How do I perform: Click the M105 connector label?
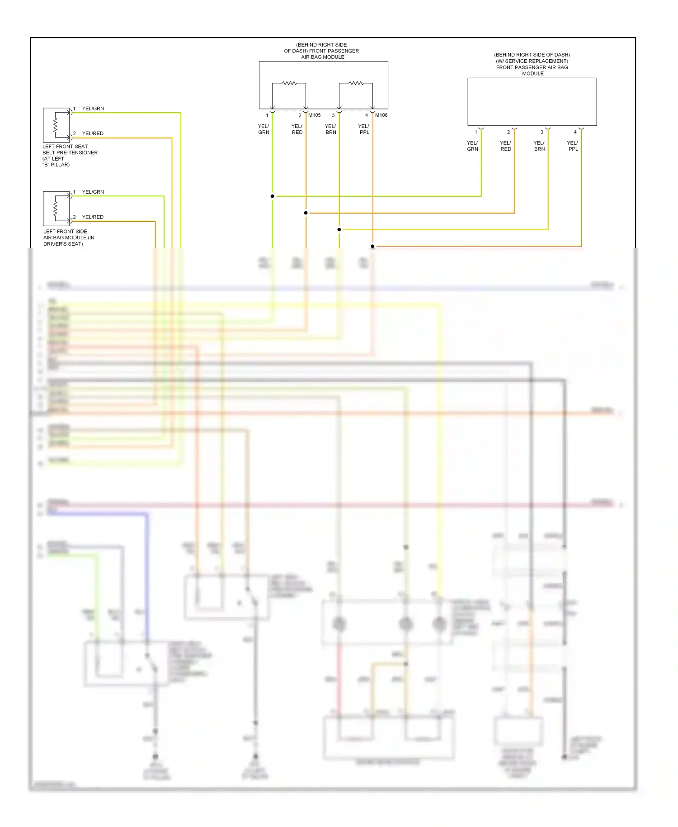(314, 115)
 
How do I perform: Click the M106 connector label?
(381, 115)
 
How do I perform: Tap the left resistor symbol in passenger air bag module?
(289, 83)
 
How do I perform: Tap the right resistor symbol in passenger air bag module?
(356, 83)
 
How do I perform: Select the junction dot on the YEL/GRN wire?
(272, 196)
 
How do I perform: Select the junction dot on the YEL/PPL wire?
(372, 247)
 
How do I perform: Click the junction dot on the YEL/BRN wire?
(339, 230)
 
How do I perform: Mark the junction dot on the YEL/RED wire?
(306, 213)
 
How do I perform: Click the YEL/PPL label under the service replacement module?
(573, 146)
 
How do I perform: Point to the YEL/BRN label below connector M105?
(330, 129)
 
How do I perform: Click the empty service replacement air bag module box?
(532, 102)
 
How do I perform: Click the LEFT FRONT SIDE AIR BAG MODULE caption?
(69, 238)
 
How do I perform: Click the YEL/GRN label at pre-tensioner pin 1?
(93, 109)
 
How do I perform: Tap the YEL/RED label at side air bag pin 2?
(93, 217)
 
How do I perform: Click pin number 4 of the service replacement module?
(575, 132)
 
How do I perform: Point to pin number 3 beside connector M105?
(333, 115)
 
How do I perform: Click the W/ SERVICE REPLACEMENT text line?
(532, 61)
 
